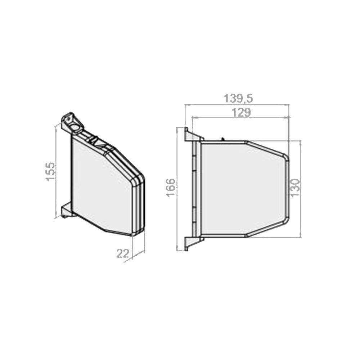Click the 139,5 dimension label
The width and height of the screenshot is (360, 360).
pos(238,99)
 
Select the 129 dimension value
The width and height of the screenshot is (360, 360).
pos(241,113)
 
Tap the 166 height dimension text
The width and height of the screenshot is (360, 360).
pos(171,187)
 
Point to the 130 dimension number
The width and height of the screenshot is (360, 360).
pos(295,187)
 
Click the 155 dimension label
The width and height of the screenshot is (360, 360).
pos(50,172)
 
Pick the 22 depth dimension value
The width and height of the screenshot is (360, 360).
pos(123,253)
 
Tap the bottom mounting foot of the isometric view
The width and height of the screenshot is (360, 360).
pos(66,210)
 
